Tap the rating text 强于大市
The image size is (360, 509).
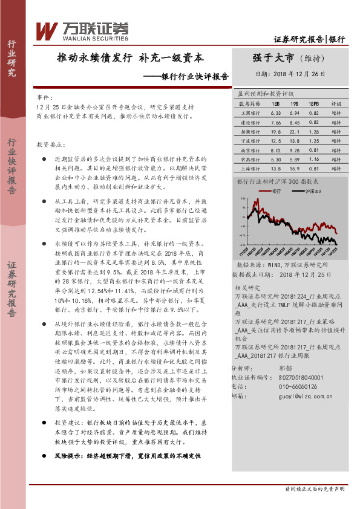click(x=273, y=59)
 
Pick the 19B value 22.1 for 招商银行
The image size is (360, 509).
click(x=295, y=130)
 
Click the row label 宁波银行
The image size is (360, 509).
click(x=249, y=140)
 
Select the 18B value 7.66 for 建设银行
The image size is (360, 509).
click(x=277, y=122)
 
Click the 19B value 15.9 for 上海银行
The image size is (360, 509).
click(x=295, y=167)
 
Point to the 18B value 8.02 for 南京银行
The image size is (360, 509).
click(x=277, y=149)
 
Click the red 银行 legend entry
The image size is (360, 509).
click(x=276, y=190)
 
